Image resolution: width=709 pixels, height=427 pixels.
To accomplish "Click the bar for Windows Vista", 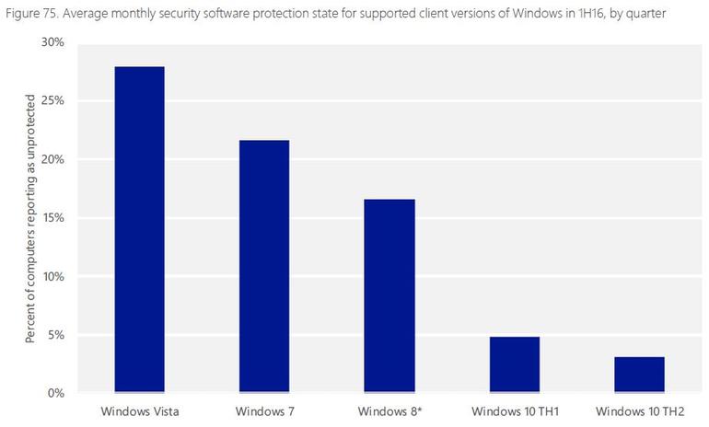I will point(139,230).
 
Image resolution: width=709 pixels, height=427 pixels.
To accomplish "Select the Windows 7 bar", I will point(263,267).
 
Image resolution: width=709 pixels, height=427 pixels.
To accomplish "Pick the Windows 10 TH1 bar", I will point(514,364).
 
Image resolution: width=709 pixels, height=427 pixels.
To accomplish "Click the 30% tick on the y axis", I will point(52,42).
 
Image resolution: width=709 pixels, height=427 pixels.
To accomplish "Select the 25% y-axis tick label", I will point(52,101).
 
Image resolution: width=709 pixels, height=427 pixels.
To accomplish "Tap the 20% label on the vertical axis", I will point(52,159).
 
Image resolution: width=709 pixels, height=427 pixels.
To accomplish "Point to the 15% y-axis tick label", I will point(52,218).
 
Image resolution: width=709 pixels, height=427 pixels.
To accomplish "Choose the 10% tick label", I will point(52,276).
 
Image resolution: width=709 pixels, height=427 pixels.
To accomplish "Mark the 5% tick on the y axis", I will point(55,335).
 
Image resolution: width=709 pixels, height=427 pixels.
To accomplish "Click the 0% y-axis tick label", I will point(55,393).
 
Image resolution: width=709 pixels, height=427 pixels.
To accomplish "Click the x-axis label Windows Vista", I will point(139,410).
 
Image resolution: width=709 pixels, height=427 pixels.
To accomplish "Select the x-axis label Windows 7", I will point(263,410).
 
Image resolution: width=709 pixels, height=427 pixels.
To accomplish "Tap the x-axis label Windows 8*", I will point(389,410).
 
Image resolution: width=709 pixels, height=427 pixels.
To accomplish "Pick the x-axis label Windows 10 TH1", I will point(514,410).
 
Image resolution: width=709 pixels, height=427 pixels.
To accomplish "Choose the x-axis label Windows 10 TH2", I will point(639,410).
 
